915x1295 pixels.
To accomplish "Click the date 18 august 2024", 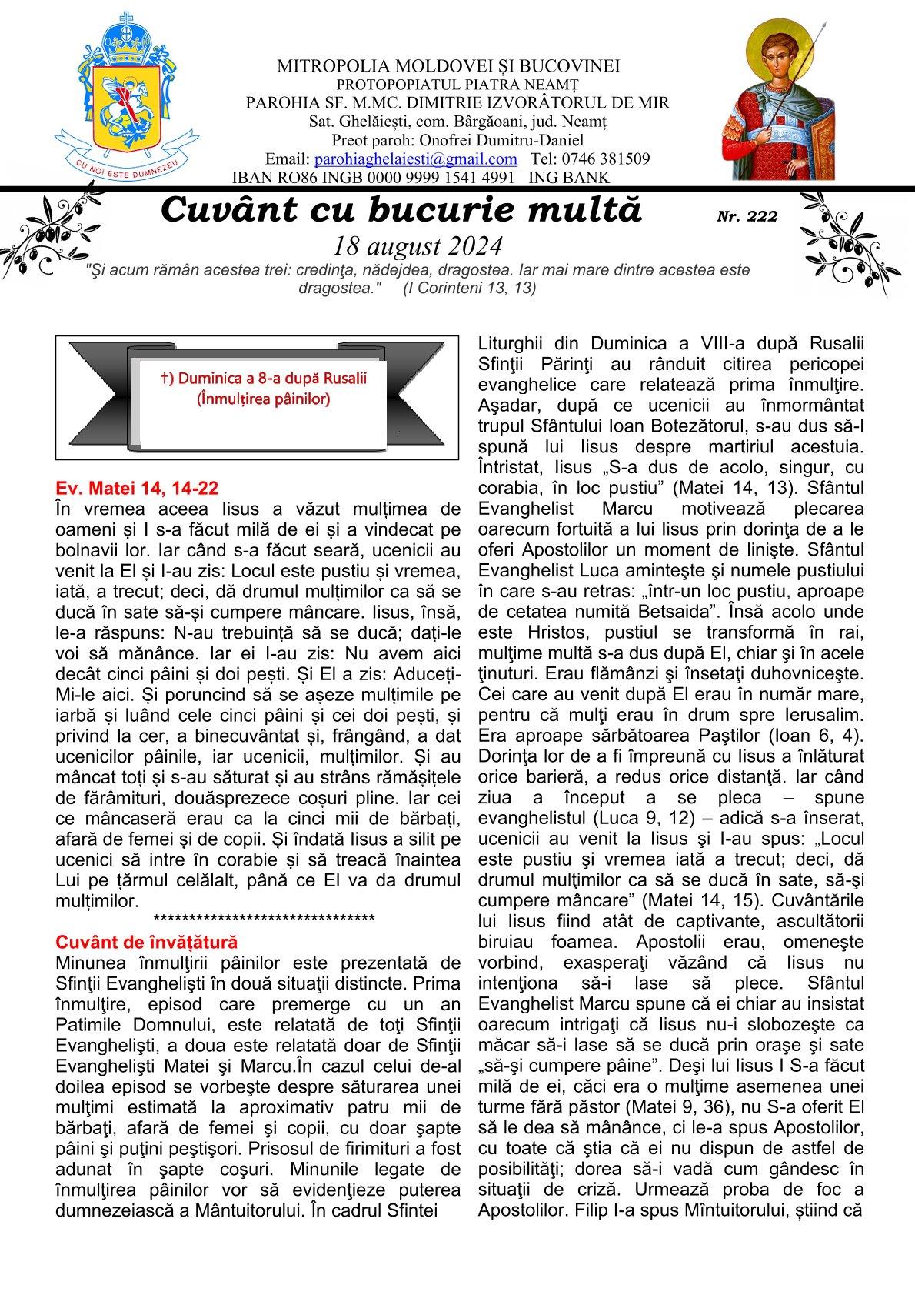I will (x=418, y=245).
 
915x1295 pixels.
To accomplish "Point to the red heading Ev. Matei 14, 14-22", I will (x=137, y=488).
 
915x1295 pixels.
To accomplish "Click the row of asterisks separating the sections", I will (x=264, y=919).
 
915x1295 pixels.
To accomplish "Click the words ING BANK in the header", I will (x=569, y=178).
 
